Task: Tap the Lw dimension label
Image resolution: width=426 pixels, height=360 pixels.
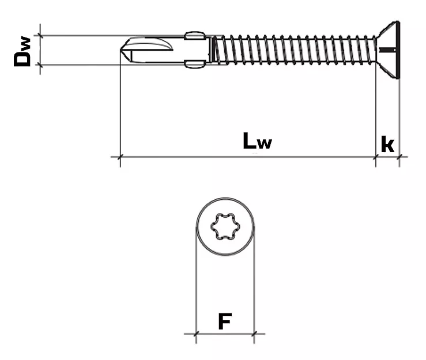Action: pyautogui.click(x=257, y=141)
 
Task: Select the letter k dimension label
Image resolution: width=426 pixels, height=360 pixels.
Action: pyautogui.click(x=388, y=144)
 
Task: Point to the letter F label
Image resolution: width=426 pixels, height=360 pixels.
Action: pyautogui.click(x=225, y=321)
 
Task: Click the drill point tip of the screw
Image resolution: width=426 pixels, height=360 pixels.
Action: pyautogui.click(x=122, y=50)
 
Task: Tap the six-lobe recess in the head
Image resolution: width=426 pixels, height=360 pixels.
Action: pyautogui.click(x=225, y=228)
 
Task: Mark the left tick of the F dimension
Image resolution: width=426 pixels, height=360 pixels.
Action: pyautogui.click(x=196, y=334)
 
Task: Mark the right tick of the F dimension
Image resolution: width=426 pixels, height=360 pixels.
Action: pyautogui.click(x=254, y=334)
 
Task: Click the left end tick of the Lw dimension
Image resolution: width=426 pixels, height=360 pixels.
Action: pyautogui.click(x=120, y=156)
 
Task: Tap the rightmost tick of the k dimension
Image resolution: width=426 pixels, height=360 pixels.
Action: pyautogui.click(x=398, y=156)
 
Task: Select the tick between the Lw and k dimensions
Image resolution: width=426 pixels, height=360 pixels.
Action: pyautogui.click(x=376, y=156)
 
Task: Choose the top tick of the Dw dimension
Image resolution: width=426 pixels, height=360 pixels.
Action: pyautogui.click(x=40, y=35)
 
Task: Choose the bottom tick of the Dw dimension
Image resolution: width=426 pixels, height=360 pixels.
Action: pyautogui.click(x=40, y=65)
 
